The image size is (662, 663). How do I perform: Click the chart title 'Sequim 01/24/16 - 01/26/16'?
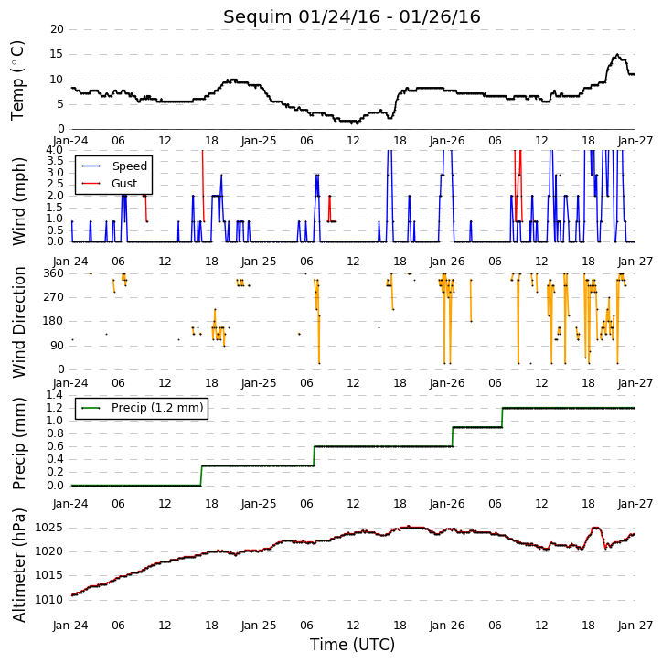[x=352, y=17]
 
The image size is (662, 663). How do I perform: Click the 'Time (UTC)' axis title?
[x=352, y=645]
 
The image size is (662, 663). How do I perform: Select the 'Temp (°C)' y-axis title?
[x=17, y=80]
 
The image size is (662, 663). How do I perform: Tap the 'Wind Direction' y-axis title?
[x=19, y=322]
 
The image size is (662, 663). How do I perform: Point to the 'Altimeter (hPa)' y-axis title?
[x=19, y=565]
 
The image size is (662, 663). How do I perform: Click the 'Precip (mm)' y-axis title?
[x=19, y=444]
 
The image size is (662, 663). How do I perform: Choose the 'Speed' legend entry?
[x=129, y=166]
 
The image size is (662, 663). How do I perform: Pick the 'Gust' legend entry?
[x=124, y=184]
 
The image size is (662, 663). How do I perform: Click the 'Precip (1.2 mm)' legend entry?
[x=157, y=408]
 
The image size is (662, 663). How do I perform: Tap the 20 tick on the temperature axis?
[x=57, y=29]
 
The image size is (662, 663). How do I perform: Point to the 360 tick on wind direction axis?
[x=54, y=273]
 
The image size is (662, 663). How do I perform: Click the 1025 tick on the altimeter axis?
[x=48, y=528]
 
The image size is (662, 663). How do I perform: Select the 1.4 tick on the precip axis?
[x=55, y=395]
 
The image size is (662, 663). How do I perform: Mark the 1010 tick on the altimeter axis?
[x=48, y=600]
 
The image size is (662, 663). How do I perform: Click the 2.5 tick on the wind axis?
[x=55, y=184]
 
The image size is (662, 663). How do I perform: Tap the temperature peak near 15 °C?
[x=617, y=55]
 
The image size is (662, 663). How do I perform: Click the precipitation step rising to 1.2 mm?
[x=502, y=417]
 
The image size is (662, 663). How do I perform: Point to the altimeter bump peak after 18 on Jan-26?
[x=596, y=528]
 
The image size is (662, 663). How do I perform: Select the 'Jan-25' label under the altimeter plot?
[x=259, y=625]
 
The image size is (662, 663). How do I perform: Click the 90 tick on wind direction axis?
[x=57, y=346]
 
